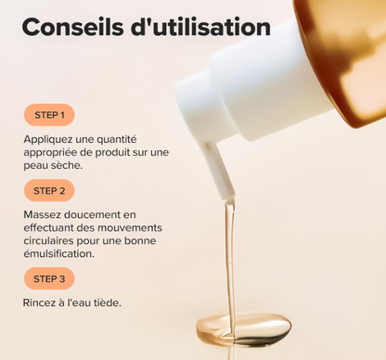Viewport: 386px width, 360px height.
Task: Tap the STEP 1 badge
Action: [x=49, y=116]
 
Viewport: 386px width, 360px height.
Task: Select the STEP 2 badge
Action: [x=49, y=191]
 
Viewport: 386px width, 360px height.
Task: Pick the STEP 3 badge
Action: [x=49, y=278]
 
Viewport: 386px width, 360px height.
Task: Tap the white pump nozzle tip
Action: [x=221, y=180]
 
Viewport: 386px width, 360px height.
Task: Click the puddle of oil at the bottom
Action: [x=243, y=327]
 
